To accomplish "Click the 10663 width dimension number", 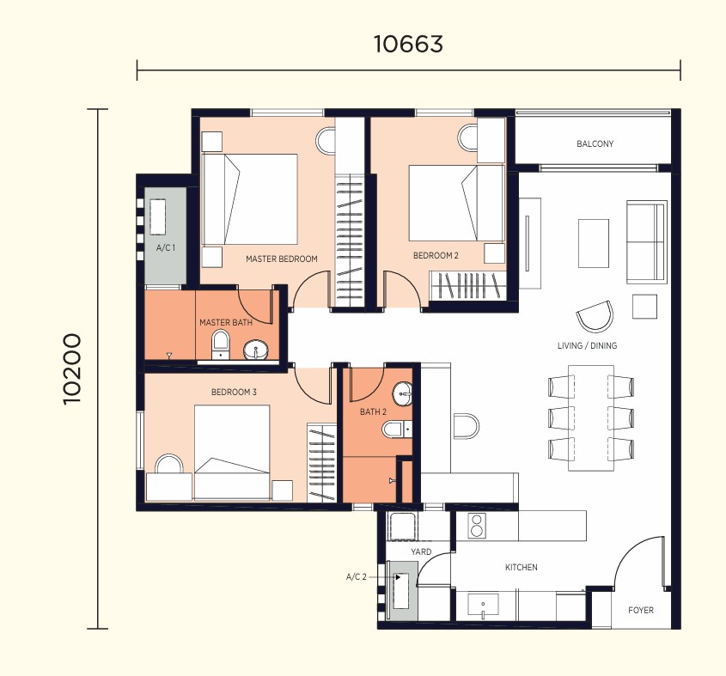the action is point(408,44).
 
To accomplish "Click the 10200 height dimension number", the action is point(72,369).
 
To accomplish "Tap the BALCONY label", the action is point(595,144).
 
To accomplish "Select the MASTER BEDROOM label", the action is point(282,259).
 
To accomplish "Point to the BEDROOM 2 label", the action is point(436,256).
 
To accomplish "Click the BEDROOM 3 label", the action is point(234,393).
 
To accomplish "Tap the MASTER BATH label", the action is point(226,322).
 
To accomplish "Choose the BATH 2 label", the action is point(373,411).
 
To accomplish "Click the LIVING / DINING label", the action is point(587,345).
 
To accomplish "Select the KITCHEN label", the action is point(522,567).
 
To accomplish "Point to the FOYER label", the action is point(641,610).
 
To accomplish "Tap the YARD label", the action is point(421,551).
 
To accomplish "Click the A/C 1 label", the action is point(166,248).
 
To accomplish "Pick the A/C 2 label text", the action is point(356,577).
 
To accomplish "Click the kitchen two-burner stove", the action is point(477,526).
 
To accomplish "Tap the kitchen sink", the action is point(483,606).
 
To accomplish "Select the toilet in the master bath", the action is point(220,345).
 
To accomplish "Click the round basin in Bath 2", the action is point(402,394).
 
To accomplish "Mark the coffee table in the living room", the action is point(593,243).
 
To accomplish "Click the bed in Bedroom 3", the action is point(232,453).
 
